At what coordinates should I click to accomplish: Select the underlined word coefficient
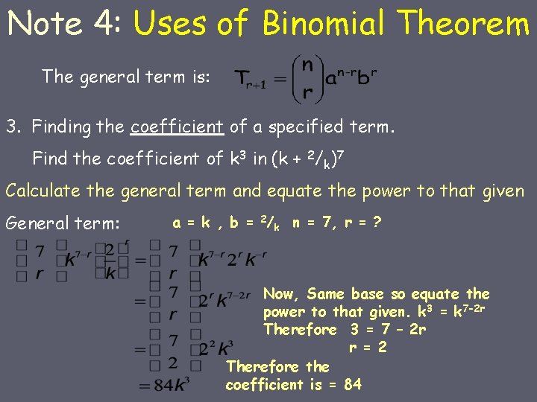177,127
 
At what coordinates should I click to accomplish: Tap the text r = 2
368,347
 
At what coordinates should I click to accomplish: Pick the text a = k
191,222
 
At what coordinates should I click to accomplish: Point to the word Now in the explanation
279,293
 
